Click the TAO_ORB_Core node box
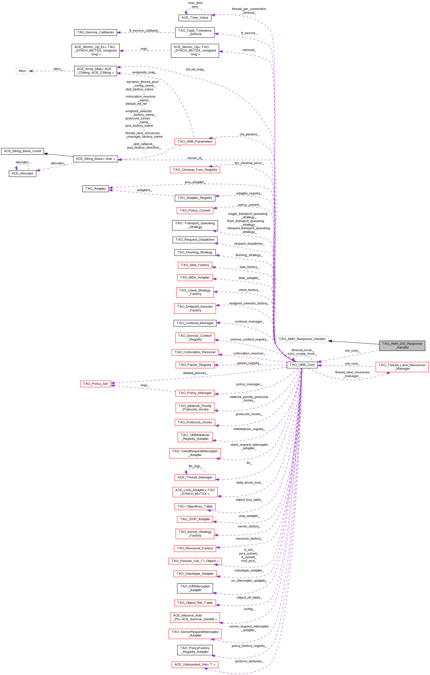302,365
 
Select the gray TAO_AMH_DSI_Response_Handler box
402,345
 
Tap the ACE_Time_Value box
195,18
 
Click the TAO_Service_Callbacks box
95,32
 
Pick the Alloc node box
22,71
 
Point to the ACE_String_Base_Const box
22,151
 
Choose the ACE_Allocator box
22,173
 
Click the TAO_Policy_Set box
95,384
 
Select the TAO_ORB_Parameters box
195,142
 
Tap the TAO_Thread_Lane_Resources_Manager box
402,367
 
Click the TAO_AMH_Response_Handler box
302,339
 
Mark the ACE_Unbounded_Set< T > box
195,664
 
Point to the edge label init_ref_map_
195,69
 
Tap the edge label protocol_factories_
249,661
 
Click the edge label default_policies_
195,373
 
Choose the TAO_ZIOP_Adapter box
195,519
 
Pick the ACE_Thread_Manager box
195,477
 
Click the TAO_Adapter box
95,189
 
